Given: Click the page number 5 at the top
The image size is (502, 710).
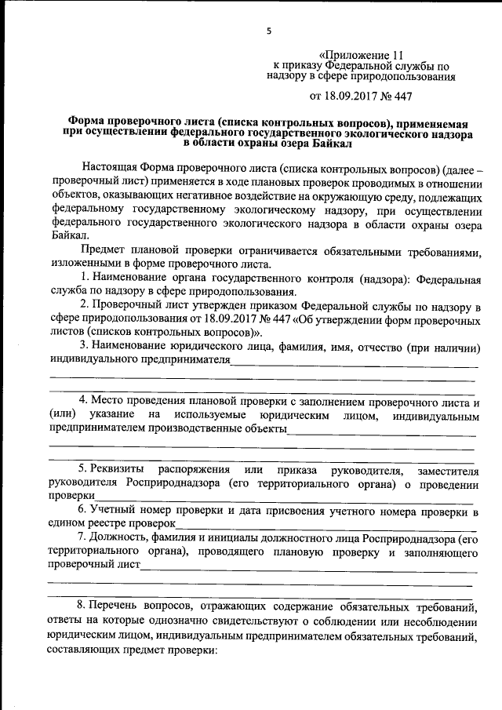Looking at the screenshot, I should click(x=269, y=31).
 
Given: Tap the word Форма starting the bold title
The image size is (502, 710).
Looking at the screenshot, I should click(x=86, y=123).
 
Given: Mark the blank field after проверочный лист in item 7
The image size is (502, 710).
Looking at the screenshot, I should click(x=306, y=564).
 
